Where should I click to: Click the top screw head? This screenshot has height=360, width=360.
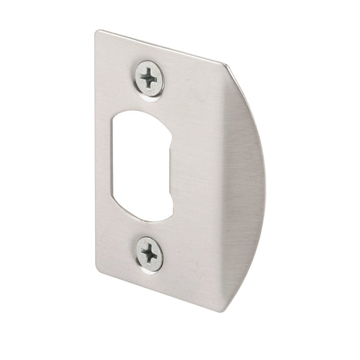[149, 76]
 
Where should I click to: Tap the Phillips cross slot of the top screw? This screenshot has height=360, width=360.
[149, 76]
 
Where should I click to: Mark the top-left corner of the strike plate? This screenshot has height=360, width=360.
[94, 31]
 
